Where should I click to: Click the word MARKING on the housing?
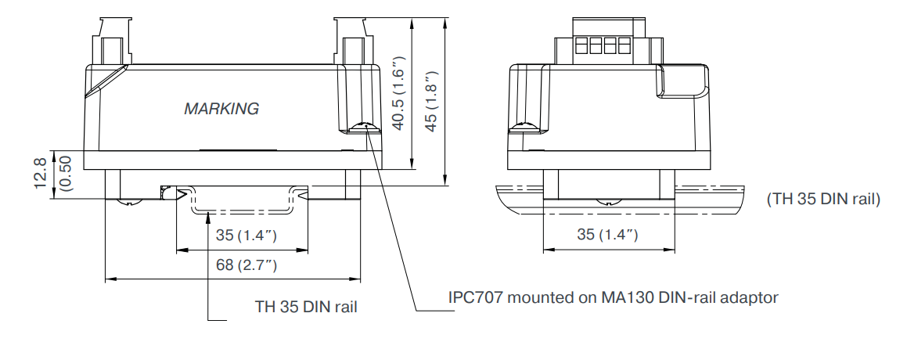tap(221, 110)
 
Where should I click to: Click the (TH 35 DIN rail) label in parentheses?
tap(824, 200)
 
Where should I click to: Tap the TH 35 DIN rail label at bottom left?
tap(307, 306)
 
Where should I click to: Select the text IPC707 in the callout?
tap(473, 297)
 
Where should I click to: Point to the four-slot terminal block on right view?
tap(603, 46)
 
